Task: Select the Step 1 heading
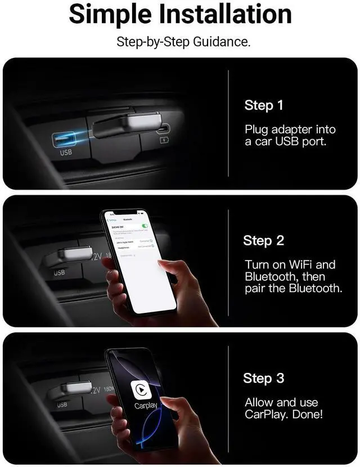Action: [x=264, y=105]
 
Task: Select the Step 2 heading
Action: [x=264, y=241]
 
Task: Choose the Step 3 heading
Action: [x=264, y=378]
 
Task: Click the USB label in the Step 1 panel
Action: [x=66, y=152]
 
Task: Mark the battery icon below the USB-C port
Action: [x=165, y=140]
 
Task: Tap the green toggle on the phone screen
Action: [x=145, y=226]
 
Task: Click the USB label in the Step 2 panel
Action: [x=59, y=273]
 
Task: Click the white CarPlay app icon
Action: [x=142, y=389]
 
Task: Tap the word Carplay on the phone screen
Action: [x=146, y=406]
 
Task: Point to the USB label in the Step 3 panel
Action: [x=62, y=405]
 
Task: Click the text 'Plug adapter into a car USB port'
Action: [x=285, y=135]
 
